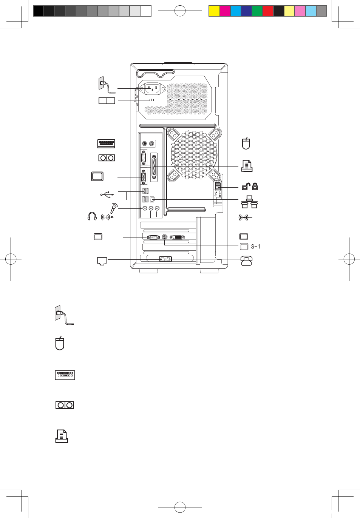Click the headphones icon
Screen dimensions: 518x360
coord(92,216)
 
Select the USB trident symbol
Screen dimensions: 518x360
coord(107,194)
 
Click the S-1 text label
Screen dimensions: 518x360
coord(256,247)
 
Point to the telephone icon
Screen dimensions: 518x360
coord(246,261)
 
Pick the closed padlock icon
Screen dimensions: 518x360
coord(255,186)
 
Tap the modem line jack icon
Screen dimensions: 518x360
coord(102,261)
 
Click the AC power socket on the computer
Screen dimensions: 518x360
coord(152,89)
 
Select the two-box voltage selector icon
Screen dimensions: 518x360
coord(107,101)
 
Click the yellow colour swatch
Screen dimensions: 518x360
coord(214,11)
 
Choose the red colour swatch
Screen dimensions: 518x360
coord(267,11)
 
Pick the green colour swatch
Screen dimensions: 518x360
coord(257,11)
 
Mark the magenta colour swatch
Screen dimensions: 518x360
coord(225,11)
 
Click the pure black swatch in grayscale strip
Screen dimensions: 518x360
coord(39,11)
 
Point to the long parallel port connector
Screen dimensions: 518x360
coord(154,166)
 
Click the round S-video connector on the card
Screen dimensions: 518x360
coord(164,237)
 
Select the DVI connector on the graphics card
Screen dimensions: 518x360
coord(178,237)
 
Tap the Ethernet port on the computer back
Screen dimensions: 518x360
coord(152,199)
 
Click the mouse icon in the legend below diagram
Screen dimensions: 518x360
coord(60,343)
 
